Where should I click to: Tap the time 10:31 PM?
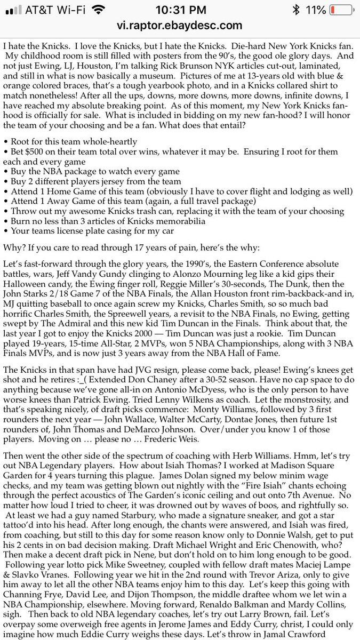point(180,10)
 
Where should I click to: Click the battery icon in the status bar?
point(340,10)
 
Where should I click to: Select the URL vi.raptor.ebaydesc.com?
point(180,25)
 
